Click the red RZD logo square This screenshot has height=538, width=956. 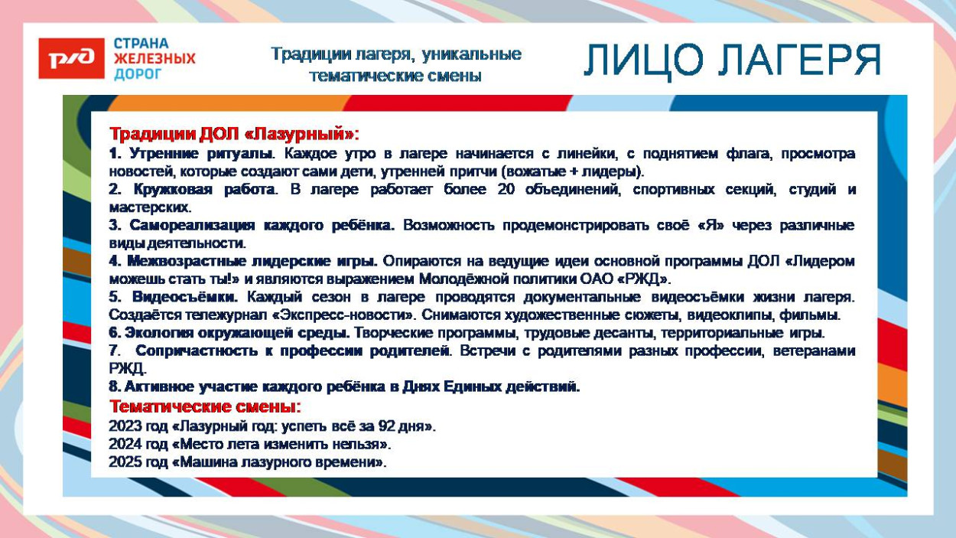71,58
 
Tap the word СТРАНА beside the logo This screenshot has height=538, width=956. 141,44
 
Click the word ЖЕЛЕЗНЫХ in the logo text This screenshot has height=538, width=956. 154,58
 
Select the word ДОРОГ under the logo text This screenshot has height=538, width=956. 138,73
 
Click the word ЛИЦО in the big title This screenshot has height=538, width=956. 644,60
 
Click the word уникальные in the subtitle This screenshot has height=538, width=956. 472,55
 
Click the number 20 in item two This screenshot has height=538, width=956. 506,189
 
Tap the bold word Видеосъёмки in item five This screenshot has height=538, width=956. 184,296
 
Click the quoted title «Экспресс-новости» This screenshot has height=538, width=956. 343,315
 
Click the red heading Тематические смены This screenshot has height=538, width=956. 205,406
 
